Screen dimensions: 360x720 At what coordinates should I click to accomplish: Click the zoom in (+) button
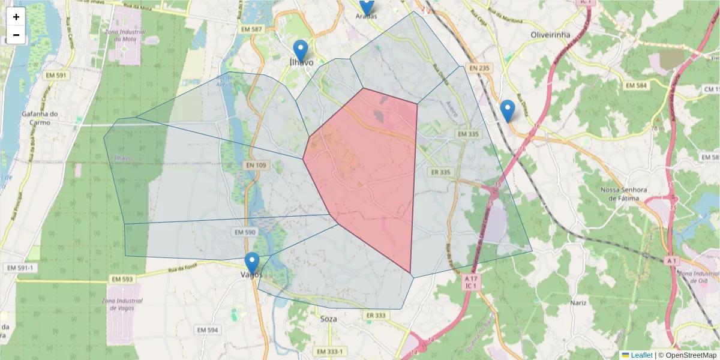point(16,17)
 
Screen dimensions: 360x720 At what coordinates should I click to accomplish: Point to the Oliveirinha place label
point(550,35)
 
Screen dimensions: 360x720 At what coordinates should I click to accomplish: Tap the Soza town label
point(329,319)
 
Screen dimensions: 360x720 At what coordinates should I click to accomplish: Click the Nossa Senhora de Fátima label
point(625,193)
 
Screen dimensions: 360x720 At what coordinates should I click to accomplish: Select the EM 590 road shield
point(245,232)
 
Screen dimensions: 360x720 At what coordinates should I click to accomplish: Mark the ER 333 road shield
point(376,315)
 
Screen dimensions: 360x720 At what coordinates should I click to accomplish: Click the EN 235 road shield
point(481,68)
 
